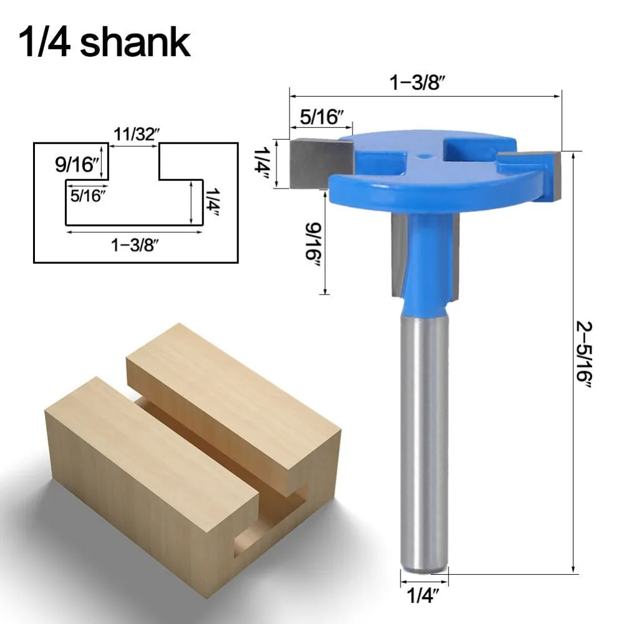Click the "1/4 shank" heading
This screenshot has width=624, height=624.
coord(104,42)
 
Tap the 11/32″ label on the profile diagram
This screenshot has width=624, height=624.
coord(136,134)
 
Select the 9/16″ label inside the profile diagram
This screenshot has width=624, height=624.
coord(76,164)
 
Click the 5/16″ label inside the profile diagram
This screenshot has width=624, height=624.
coord(89,195)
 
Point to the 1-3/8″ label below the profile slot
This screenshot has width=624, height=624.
coord(135,245)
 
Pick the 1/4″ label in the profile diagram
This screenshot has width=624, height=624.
coord(213,202)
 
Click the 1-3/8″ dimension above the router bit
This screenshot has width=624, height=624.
coord(416,83)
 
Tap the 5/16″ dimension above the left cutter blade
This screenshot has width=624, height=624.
coord(321,117)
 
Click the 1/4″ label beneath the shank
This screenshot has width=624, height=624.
coord(422,596)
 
